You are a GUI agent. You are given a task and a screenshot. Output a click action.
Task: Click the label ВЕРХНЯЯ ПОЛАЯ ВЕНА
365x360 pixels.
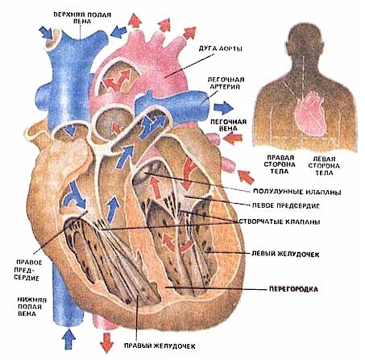(x=82, y=18)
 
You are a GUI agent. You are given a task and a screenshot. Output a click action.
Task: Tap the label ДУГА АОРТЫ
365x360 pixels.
(x=221, y=48)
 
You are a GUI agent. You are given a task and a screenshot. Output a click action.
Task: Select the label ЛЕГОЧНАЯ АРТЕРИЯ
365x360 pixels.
(x=226, y=83)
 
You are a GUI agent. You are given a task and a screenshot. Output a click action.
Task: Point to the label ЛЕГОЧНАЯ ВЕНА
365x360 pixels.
(x=228, y=125)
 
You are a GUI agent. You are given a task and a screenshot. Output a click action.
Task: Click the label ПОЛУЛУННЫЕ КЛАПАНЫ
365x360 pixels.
(x=297, y=192)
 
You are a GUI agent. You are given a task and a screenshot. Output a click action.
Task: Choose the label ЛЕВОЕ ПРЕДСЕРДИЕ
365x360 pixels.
(x=286, y=205)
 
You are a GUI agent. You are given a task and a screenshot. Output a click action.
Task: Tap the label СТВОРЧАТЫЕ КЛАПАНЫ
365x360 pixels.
(x=280, y=221)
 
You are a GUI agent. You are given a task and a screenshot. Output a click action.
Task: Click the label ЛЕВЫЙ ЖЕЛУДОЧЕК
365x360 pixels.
(x=285, y=254)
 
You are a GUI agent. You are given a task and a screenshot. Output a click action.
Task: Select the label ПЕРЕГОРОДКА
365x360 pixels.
(x=293, y=289)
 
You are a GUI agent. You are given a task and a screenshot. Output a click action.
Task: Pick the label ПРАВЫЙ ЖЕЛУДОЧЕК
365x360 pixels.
(x=160, y=346)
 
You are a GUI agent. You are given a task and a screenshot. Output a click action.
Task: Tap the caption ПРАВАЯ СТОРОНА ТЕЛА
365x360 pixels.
(x=280, y=164)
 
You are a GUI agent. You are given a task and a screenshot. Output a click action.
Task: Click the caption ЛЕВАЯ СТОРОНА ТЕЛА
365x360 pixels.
(x=324, y=166)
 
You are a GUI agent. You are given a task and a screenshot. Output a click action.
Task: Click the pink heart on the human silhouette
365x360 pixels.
(x=311, y=114)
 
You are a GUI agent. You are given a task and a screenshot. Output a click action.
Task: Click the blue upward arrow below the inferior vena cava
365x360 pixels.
(x=68, y=339)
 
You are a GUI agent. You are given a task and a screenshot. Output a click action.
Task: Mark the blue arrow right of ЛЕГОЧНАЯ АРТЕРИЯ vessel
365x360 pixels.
(x=224, y=108)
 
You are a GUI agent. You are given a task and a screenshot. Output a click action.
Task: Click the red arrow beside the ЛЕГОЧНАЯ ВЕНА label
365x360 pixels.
(x=233, y=139)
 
